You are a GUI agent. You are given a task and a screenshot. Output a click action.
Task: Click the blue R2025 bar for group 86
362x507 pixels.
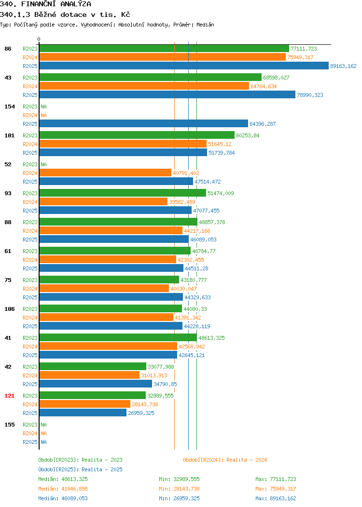[x=184, y=66]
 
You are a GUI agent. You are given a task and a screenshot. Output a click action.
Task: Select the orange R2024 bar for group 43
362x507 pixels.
[x=144, y=86]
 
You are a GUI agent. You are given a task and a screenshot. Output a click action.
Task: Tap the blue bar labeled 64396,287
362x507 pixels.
[x=144, y=124]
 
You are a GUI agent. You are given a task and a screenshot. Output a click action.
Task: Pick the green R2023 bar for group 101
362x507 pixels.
[x=137, y=135]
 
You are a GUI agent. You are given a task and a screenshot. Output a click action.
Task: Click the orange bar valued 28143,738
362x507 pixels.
[x=85, y=404]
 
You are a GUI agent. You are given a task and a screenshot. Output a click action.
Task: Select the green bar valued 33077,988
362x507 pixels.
[x=93, y=367]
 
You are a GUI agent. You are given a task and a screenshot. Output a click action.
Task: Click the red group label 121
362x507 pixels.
[x=9, y=396]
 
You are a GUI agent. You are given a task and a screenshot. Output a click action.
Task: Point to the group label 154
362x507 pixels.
[x=9, y=107]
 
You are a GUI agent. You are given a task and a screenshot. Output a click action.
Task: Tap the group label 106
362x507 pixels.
[x=9, y=309]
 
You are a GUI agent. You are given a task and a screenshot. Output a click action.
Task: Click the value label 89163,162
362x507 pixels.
[x=343, y=66]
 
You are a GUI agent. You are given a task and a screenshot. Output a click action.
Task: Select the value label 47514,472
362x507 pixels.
[x=208, y=182]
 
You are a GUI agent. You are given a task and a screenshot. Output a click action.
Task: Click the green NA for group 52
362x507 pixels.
[x=44, y=164]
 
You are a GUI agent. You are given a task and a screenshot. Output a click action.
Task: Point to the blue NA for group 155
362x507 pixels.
[x=44, y=442]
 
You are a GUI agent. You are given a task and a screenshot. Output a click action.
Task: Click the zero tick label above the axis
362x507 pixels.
[x=39, y=40]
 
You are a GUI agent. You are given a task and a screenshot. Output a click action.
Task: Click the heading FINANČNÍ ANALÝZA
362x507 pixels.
[x=56, y=4]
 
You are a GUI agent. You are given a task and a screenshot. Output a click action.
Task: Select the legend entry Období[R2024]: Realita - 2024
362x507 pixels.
[x=225, y=460]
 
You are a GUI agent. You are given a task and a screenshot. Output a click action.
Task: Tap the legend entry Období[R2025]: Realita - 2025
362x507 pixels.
[x=80, y=469]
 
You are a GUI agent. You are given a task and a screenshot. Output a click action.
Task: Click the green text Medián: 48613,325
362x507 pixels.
[x=63, y=479]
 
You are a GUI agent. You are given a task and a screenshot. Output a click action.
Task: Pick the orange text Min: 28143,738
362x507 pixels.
[x=179, y=489]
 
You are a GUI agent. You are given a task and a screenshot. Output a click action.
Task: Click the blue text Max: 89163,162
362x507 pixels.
[x=276, y=499]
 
